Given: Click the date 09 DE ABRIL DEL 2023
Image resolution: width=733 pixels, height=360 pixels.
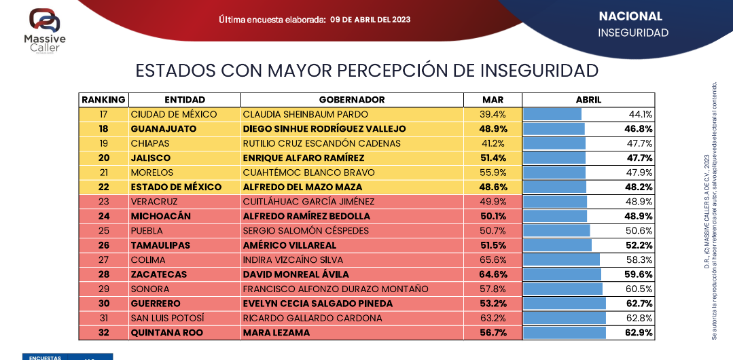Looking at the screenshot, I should pos(370,20).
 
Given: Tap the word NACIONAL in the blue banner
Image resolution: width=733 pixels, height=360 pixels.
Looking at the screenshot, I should pos(630,16).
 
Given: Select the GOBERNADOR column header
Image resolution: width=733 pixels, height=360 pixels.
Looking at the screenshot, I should pos(352,100).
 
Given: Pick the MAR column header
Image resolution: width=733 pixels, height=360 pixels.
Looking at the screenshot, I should pos(493,100).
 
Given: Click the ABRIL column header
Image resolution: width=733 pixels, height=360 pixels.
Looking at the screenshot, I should pos(588,100).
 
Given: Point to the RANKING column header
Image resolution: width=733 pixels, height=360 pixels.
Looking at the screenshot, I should pos(103,100).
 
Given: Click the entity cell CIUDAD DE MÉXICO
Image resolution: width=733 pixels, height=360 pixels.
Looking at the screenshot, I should pos(174,114).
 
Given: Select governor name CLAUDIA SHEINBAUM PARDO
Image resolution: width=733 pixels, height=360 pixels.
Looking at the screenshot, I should pos(305,114).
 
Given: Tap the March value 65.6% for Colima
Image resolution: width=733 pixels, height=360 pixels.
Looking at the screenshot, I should pos(493,260).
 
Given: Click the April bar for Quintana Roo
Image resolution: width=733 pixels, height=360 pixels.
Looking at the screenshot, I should pos(564,333).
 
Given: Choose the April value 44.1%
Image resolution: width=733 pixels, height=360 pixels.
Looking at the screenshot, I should pos(641,114).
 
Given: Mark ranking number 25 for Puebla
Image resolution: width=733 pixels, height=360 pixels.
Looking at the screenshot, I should pos(103,231).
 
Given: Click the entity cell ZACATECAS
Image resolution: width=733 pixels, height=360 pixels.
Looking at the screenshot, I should pos(160,274).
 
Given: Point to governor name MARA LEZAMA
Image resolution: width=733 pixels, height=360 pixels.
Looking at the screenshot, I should pos(276,333).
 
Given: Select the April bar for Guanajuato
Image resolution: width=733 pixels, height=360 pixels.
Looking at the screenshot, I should pos(554,129).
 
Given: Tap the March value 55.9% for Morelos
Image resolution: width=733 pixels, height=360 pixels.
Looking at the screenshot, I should pos(493,173).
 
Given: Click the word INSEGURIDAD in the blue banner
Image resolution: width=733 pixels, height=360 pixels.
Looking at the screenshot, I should pos(633,33).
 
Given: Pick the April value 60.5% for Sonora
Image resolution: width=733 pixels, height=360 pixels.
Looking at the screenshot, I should pos(640,289).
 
